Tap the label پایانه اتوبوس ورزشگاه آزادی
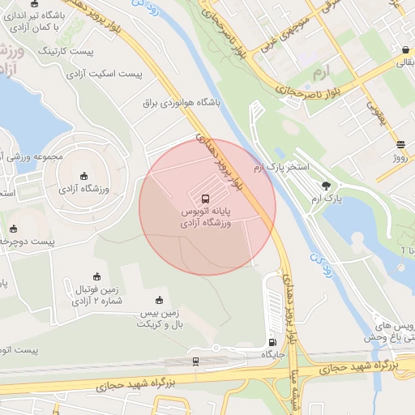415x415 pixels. (205, 216)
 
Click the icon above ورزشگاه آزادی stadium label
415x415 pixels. (84, 176)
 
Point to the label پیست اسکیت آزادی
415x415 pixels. (105, 73)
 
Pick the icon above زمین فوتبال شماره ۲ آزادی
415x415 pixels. (96, 276)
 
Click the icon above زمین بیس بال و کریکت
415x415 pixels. (160, 300)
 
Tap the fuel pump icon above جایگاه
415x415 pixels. (272, 342)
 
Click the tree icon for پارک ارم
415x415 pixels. (327, 185)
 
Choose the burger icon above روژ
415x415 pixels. (400, 145)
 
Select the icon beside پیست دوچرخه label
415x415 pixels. (11, 229)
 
